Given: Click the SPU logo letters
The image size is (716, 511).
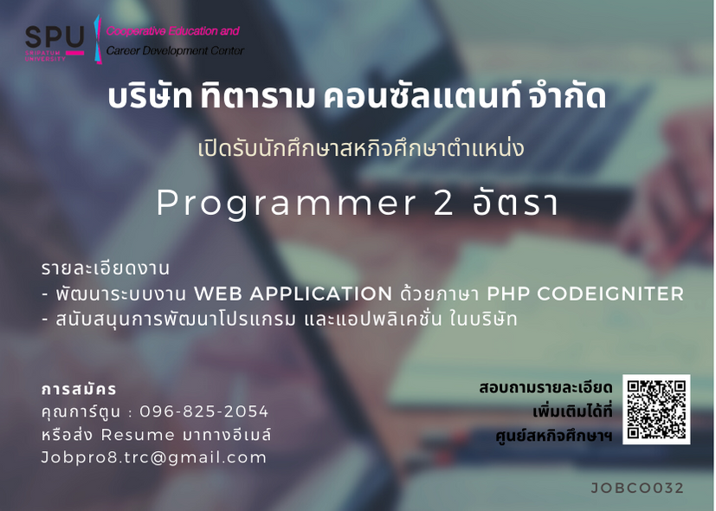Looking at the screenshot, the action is [x=55, y=37].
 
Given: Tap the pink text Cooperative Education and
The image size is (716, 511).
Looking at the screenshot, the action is [x=172, y=31].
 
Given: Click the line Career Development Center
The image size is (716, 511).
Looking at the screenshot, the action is [x=176, y=51].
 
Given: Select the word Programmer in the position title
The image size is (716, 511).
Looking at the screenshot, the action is [x=287, y=204].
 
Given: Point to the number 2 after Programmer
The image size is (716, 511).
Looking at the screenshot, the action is [x=443, y=203].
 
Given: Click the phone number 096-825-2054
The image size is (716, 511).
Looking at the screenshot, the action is [x=204, y=411].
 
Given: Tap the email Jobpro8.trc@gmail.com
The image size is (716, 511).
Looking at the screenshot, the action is [x=154, y=457].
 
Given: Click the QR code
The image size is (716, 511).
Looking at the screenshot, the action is [x=656, y=409].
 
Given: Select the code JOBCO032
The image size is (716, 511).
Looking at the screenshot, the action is [x=637, y=488].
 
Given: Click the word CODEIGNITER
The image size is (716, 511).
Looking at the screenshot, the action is [x=610, y=294].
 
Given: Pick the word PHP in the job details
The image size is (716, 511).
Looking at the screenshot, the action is [x=507, y=294].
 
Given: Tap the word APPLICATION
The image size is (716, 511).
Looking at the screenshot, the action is [x=320, y=294].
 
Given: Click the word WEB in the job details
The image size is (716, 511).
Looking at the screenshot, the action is [x=218, y=294].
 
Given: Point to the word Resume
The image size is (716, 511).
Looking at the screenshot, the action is [x=138, y=435].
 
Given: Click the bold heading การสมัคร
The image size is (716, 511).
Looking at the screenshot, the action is [x=79, y=389].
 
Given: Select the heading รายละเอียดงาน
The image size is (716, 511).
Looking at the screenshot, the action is [x=106, y=268].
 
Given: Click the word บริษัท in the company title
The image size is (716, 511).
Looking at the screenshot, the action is [x=150, y=96].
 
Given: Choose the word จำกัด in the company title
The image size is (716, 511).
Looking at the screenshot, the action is [x=567, y=95].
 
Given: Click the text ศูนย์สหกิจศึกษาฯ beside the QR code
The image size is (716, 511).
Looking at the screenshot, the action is [x=554, y=435].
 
